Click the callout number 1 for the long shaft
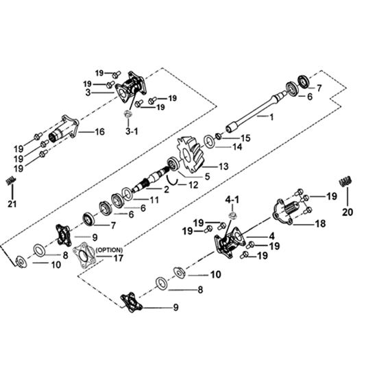coord(271,117)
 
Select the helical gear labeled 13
coord(191,155)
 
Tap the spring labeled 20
coord(345,181)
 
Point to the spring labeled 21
coord(10,181)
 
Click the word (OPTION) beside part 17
coord(109,250)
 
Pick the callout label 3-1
coord(132,132)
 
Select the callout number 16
coord(100,132)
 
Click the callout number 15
coord(245,138)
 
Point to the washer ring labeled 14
coord(210,142)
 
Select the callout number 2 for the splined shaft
coord(167,189)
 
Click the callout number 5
coord(207,176)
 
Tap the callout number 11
coord(154,199)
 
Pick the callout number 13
coord(223,167)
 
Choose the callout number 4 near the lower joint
coord(271,236)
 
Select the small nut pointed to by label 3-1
coord(127,114)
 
